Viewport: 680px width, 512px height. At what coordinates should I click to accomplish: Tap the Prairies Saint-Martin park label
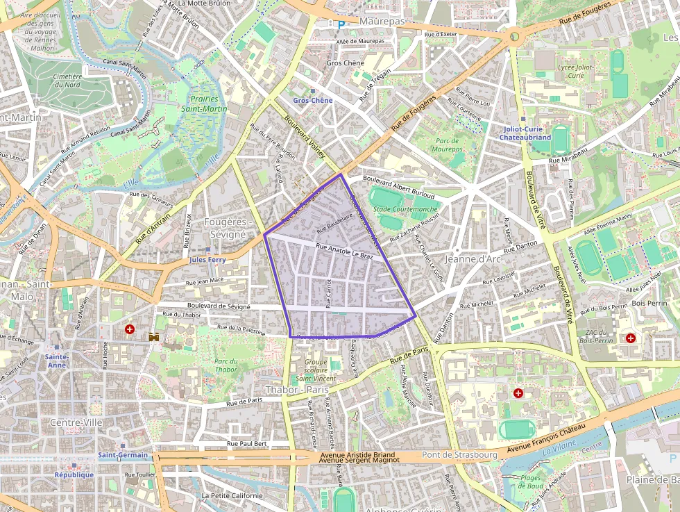point(204,104)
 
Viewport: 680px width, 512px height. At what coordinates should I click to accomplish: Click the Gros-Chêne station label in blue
point(312,100)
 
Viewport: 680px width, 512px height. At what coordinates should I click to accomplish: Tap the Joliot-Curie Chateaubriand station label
point(525,133)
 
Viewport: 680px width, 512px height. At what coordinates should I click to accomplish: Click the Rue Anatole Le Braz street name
point(344,251)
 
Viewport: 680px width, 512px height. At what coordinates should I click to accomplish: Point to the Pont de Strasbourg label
point(459,454)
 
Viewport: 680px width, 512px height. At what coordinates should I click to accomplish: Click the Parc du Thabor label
point(226,365)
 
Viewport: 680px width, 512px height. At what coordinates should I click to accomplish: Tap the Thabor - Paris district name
point(296,390)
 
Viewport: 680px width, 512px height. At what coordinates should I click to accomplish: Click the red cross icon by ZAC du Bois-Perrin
point(630,338)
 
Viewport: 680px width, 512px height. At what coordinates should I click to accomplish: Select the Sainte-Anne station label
point(56,361)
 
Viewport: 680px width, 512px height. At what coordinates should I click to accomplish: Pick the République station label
point(74,474)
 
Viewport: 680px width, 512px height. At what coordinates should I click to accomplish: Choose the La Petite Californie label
point(232,495)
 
